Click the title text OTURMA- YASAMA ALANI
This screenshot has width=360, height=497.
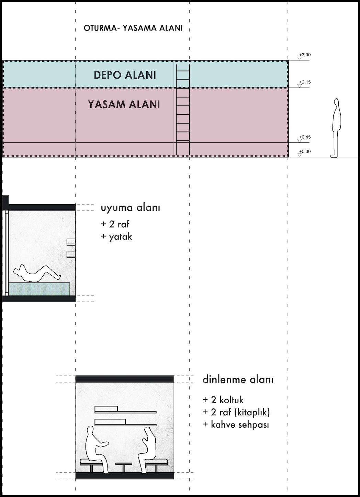pos(133,28)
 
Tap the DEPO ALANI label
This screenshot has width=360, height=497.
pos(125,75)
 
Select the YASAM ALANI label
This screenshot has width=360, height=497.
pos(124,104)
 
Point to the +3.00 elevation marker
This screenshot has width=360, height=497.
pos(304,55)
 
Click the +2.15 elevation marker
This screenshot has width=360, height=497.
pos(304,82)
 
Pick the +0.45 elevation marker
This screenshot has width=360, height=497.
pos(304,137)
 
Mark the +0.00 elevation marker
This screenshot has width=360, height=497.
pos(304,152)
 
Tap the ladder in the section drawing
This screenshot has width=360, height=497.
pos(183,110)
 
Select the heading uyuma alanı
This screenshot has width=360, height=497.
pos(130,208)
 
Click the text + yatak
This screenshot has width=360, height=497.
pos(116,237)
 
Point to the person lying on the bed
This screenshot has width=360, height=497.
pos(36,273)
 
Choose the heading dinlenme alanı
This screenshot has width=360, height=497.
pos(238,380)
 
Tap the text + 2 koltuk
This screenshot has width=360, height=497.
pos(223,400)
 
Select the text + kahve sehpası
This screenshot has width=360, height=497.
pos(236,425)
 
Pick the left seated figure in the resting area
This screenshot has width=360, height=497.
pos(94,448)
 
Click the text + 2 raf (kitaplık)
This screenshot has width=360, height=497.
pos(236,412)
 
